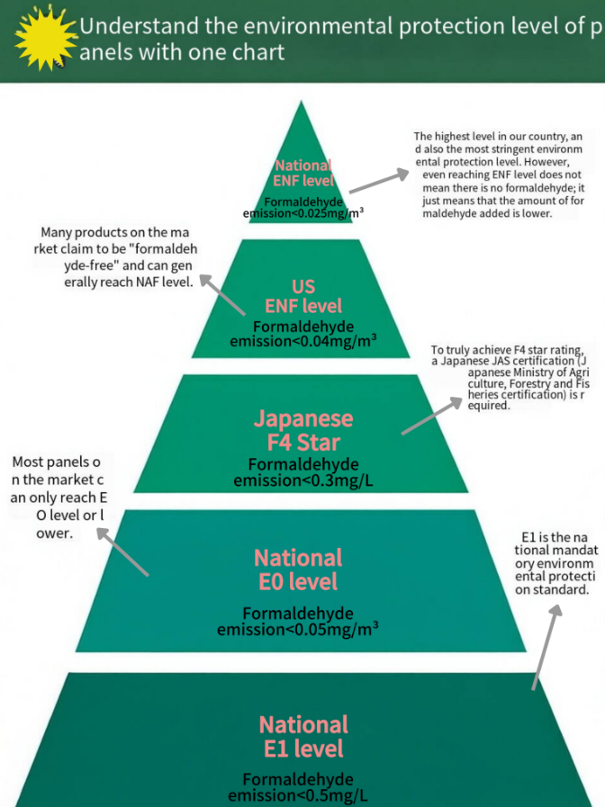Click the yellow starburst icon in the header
pyautogui.click(x=46, y=37)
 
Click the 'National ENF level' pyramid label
pyautogui.click(x=303, y=173)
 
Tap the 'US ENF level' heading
pyautogui.click(x=303, y=296)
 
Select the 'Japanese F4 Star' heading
pyautogui.click(x=303, y=430)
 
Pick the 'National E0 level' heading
pyautogui.click(x=298, y=569)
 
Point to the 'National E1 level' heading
pyautogui.click(x=303, y=737)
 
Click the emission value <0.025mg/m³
pyautogui.click(x=303, y=213)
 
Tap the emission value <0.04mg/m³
pyautogui.click(x=303, y=341)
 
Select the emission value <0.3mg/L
pyautogui.click(x=303, y=480)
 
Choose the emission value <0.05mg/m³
pyautogui.click(x=298, y=629)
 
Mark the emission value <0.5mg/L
pyautogui.click(x=298, y=795)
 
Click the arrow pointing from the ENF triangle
pyautogui.click(x=379, y=181)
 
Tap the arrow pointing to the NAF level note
pyautogui.click(x=222, y=294)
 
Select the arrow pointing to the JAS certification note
pyautogui.click(x=431, y=416)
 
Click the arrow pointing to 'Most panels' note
pyautogui.click(x=122, y=551)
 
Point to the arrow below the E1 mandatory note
pyautogui.click(x=546, y=647)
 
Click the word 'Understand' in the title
pyautogui.click(x=139, y=26)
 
